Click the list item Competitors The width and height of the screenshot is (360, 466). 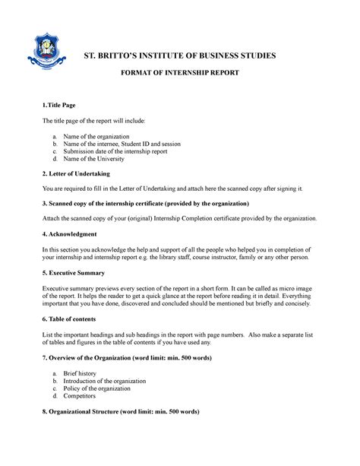87,398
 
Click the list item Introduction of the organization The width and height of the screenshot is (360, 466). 115,381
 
